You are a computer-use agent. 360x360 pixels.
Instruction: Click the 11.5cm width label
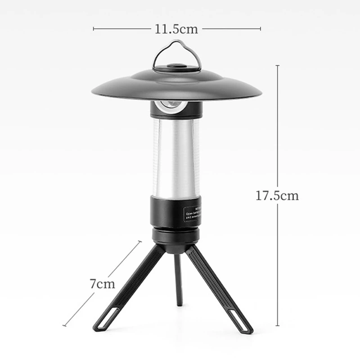[176, 29]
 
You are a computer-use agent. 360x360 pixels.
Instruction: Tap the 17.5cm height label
[277, 196]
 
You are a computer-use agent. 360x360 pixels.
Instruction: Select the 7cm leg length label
[102, 284]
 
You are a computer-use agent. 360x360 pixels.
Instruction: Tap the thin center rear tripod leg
[179, 279]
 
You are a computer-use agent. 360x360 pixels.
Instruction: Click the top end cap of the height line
[277, 65]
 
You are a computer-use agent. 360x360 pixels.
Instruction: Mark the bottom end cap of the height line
[277, 325]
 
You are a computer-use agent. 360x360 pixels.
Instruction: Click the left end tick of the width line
[94, 29]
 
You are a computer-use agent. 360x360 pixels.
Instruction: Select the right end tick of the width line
[261, 29]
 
